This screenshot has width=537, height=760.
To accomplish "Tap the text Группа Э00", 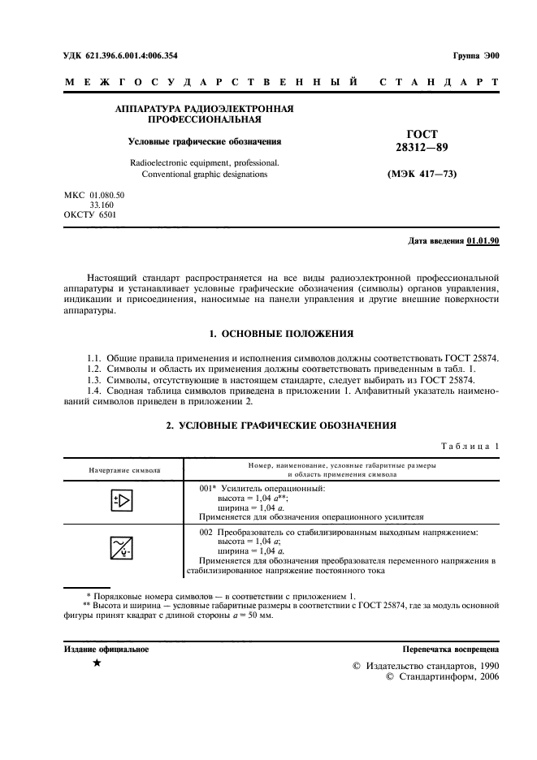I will coord(475,56).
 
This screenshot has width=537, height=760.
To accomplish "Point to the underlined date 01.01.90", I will coord(483,241).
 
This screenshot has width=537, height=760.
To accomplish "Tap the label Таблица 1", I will coord(470,446).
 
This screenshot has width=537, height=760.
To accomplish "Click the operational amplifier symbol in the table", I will coord(121,501).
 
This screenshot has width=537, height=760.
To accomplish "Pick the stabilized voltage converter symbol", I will coord(121,549).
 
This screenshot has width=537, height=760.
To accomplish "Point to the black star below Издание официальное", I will coord(97,664).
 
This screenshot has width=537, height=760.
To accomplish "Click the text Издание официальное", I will coord(106,649).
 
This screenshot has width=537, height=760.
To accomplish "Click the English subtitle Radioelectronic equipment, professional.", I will coord(205,162).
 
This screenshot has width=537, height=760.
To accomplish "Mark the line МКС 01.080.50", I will coord(94,196).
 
